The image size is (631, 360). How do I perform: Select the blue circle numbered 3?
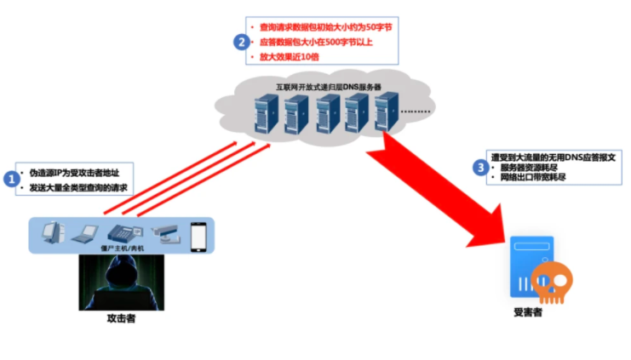481,168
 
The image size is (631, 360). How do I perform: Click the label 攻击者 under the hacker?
122,319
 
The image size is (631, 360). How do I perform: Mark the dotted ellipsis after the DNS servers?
416,111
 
